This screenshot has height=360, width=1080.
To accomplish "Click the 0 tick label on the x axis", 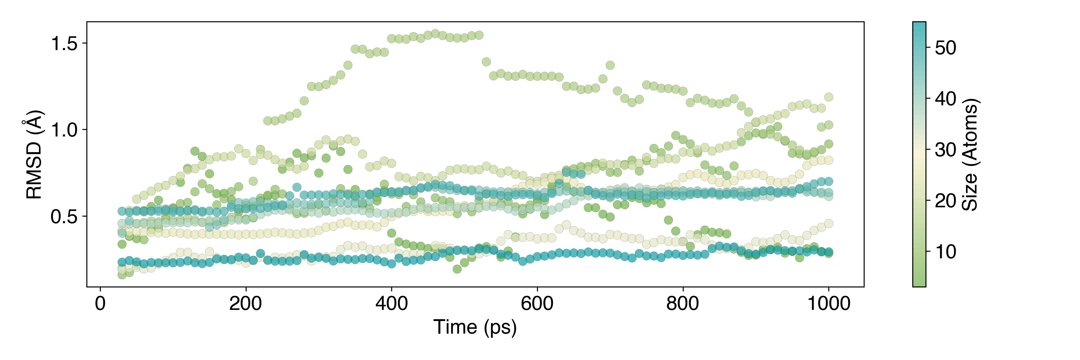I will (100, 303).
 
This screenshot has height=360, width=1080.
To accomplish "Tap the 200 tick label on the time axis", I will (246, 303).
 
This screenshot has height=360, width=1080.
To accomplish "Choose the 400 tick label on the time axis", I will (391, 303).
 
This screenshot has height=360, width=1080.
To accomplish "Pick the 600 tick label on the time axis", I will (537, 303).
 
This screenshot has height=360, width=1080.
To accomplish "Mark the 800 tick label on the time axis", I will (682, 303).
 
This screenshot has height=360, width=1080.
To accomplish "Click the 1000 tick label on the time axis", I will (828, 303).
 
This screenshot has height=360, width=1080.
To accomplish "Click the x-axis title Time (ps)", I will (475, 327).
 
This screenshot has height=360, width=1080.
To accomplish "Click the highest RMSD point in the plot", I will (435, 34).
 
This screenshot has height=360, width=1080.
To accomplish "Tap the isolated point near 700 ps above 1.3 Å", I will (610, 65).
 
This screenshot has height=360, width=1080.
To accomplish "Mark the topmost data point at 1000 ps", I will (828, 97).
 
